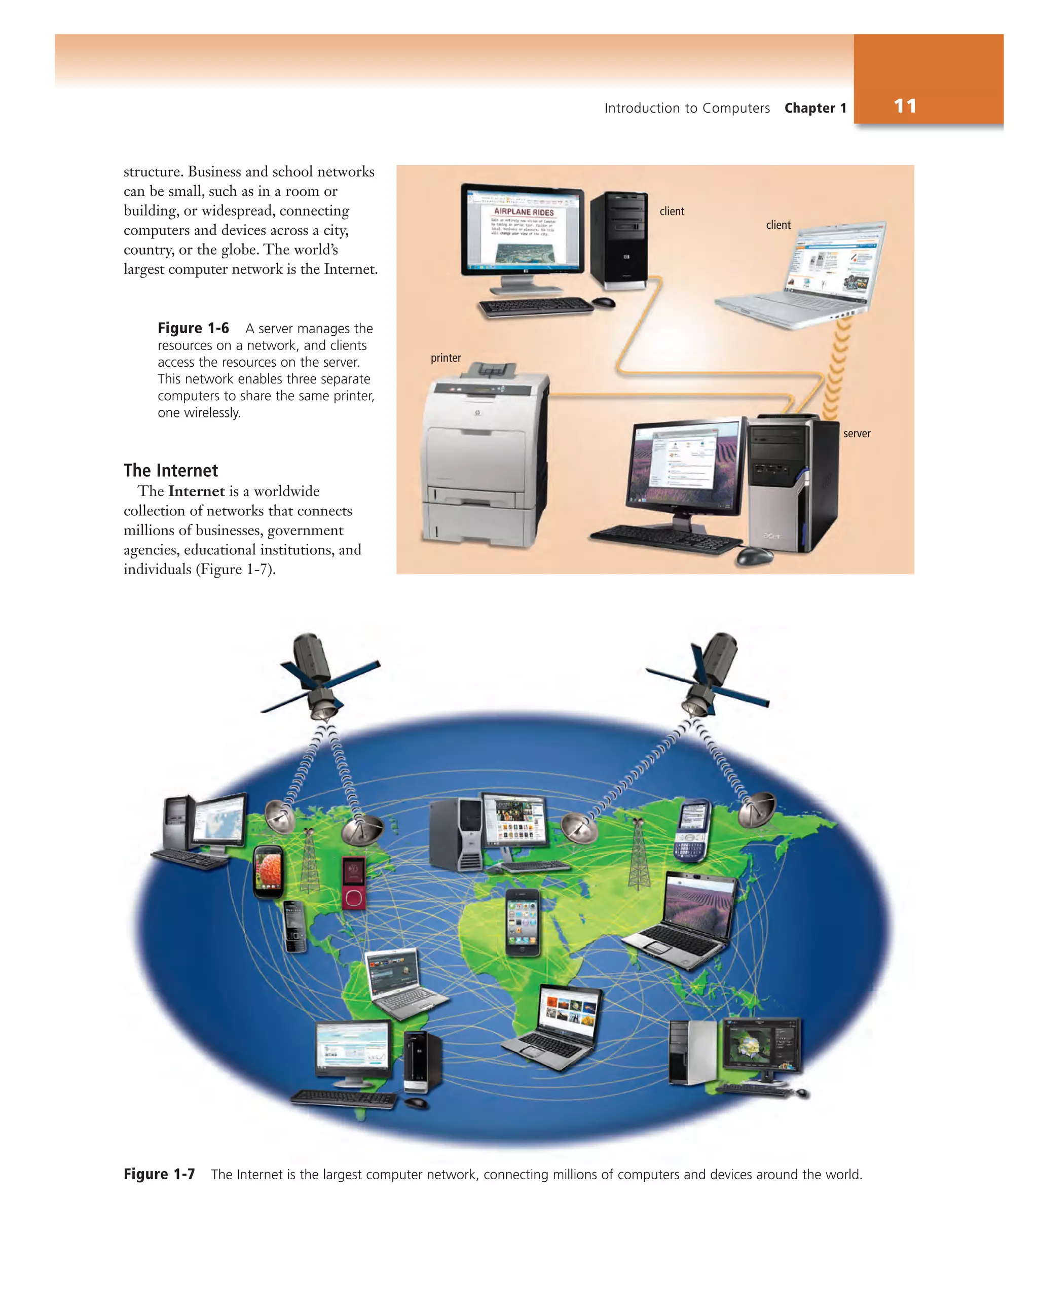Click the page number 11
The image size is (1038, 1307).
[904, 106]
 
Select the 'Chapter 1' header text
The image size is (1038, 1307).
[814, 108]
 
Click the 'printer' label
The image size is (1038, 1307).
[446, 358]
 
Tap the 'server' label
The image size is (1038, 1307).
[856, 434]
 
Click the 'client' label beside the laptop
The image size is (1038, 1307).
[778, 225]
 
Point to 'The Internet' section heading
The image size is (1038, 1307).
[170, 471]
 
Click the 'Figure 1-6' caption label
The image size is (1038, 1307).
[193, 328]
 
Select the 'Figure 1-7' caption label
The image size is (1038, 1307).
[159, 1174]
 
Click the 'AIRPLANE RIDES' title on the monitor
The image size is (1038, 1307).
[524, 212]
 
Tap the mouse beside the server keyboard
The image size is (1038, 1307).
[754, 555]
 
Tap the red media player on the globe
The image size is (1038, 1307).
[353, 882]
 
